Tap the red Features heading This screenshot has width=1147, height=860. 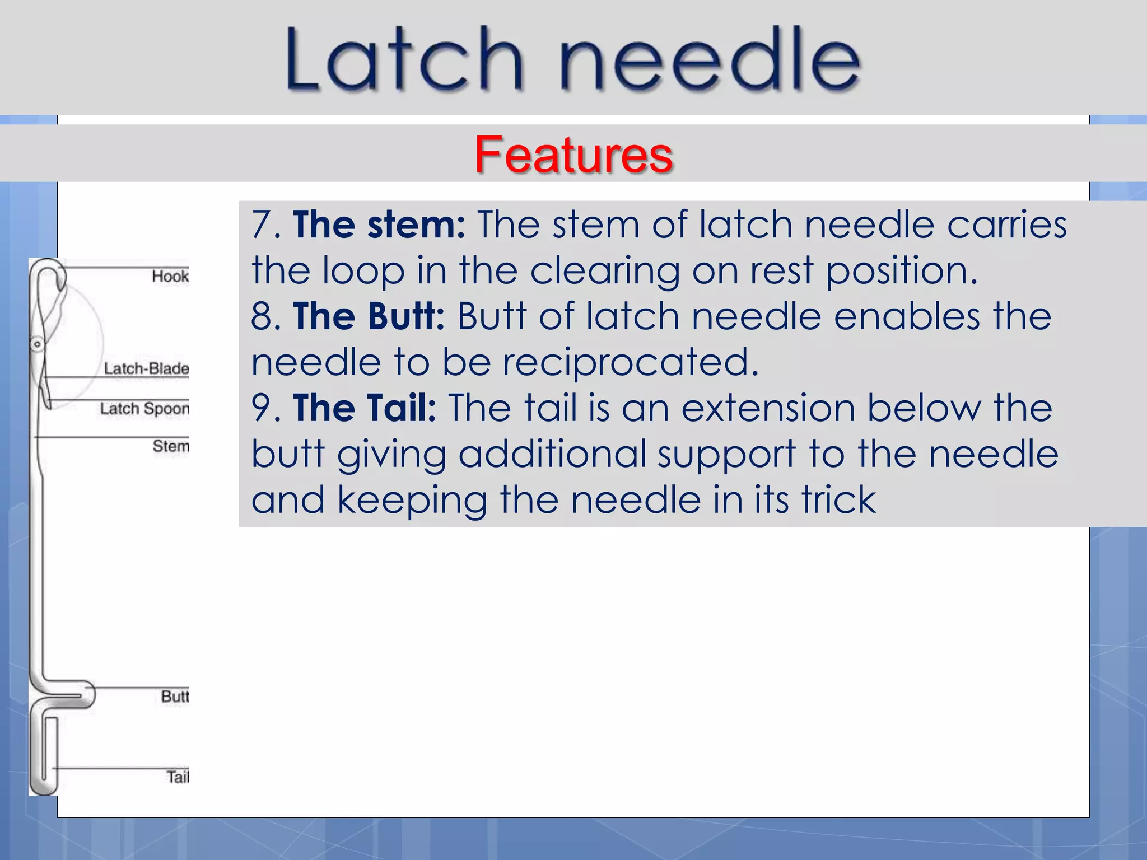pos(573,155)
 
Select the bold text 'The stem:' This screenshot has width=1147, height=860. pos(379,225)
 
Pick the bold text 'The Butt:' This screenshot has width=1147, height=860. pos(369,317)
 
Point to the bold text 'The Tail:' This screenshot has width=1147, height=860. pos(364,408)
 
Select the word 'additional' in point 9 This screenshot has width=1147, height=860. pos(552,454)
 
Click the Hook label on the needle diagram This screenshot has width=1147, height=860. pos(170,276)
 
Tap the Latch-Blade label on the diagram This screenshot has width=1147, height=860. pos(147,369)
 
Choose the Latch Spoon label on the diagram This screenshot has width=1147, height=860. pos(144,409)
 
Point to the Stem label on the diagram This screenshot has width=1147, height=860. pos(171,446)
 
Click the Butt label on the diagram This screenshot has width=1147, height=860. pos(175,697)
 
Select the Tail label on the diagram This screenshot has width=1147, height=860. pos(178,777)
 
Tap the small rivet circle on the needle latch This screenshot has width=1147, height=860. pos(38,344)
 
